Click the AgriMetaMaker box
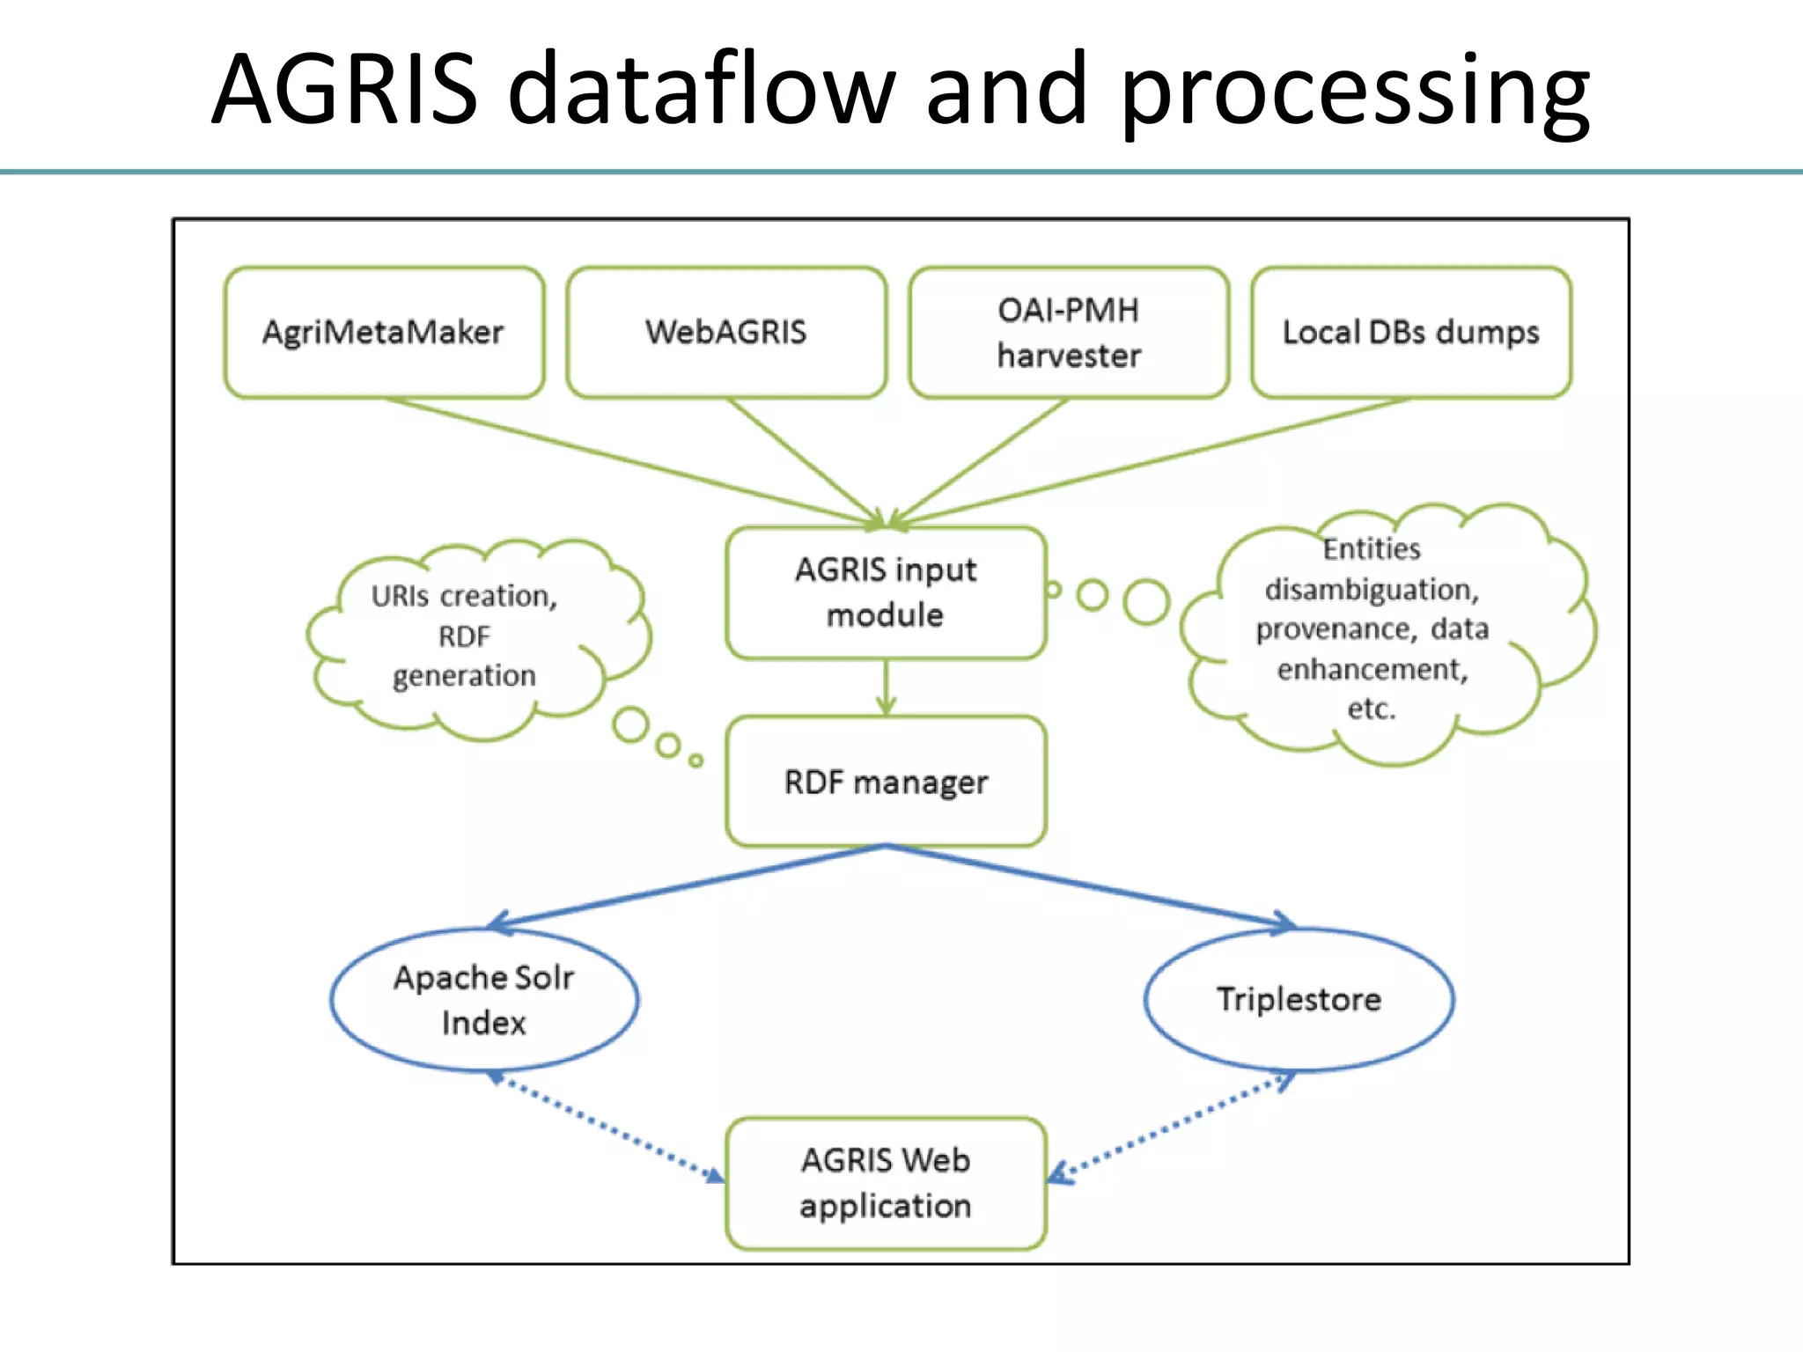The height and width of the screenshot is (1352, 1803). point(384,333)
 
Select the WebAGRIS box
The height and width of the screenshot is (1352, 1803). point(726,333)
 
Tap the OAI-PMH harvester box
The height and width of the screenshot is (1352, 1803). point(1069,333)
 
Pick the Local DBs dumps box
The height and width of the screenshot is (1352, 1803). point(1410,333)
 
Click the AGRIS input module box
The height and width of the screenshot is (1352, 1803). point(886,592)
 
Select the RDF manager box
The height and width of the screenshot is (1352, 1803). point(886,782)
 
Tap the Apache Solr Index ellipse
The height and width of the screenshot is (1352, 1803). point(484,1000)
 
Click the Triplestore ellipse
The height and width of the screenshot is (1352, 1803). point(1299,1000)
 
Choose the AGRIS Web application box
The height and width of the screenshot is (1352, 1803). point(886,1183)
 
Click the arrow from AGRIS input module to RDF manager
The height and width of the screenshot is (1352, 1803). point(887,687)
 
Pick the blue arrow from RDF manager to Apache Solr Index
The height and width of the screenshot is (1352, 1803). point(687,885)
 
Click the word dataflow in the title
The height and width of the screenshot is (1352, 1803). point(701,90)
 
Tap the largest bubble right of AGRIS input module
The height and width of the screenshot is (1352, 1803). point(1146,602)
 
